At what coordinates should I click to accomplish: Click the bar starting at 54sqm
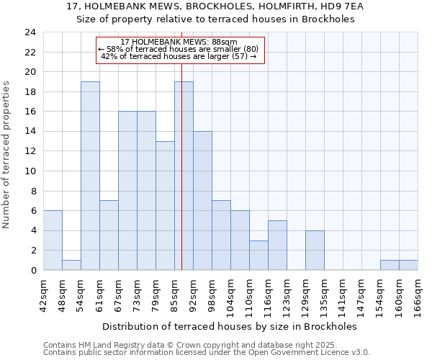[x=90, y=176]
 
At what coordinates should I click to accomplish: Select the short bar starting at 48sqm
[x=71, y=265]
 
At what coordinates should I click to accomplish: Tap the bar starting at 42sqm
[x=53, y=240]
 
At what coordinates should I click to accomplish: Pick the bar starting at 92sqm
[x=202, y=201]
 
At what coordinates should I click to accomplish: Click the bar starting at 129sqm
[x=315, y=250]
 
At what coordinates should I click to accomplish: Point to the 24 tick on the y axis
[x=30, y=32]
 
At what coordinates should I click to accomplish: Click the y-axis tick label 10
[x=30, y=171]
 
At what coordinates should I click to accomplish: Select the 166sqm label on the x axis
[x=418, y=295]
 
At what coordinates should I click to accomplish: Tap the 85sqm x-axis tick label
[x=175, y=295]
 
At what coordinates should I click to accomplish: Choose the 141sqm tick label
[x=343, y=295]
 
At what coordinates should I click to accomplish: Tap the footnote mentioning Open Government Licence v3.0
[x=207, y=353]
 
